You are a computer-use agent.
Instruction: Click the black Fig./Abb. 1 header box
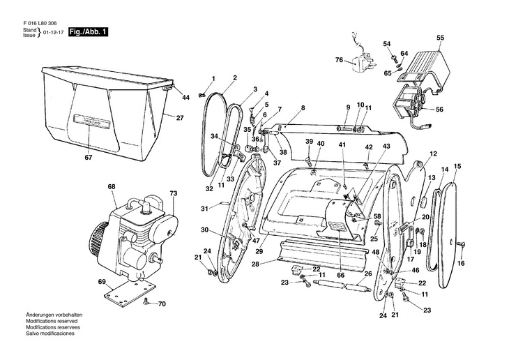[x=88, y=33]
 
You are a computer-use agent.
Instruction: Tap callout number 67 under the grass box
[x=89, y=158]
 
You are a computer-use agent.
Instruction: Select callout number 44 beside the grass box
[x=185, y=98]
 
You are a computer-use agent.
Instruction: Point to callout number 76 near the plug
[x=339, y=61]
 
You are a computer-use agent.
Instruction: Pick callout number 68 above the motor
[x=112, y=187]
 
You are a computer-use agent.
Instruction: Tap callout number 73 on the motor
[x=174, y=192]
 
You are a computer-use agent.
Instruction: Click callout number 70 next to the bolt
[x=162, y=303]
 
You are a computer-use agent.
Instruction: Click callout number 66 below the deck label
[x=341, y=275]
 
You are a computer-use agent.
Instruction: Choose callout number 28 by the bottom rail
[x=256, y=264]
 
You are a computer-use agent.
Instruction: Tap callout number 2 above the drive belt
[x=235, y=77]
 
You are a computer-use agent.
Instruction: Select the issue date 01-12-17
[x=52, y=33]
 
